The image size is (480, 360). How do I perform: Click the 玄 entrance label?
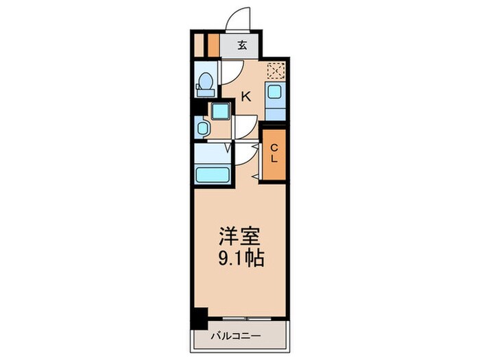click(x=242, y=46)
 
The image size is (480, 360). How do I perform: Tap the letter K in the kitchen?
click(x=246, y=97)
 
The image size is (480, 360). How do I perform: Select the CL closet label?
click(x=274, y=154)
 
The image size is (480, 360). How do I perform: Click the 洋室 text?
click(x=239, y=236)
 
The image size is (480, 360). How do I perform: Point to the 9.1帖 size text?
click(x=241, y=259)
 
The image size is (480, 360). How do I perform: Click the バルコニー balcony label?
click(x=236, y=336)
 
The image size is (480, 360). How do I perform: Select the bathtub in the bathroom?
click(x=213, y=175)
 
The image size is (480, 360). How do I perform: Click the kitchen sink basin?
click(x=274, y=91)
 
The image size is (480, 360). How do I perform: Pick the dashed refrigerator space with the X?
click(x=276, y=71)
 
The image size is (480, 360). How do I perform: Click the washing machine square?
click(x=220, y=111)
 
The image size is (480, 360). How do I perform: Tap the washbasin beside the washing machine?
click(x=202, y=128)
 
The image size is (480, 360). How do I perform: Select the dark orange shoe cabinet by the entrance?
click(x=213, y=45)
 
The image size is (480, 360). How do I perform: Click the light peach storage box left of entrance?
click(x=199, y=45)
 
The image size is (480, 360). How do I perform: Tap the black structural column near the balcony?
click(x=200, y=318)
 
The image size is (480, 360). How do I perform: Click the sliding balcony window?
click(x=247, y=319)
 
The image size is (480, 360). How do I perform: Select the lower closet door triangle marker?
click(x=254, y=177)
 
